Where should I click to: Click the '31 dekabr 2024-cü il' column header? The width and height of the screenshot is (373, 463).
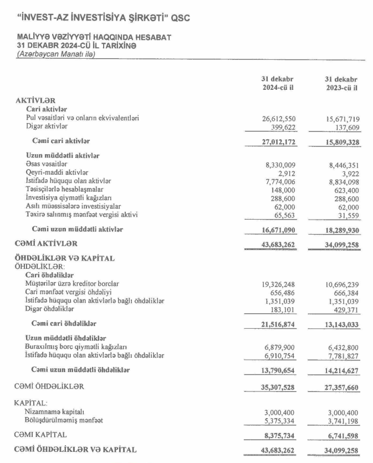[279, 84]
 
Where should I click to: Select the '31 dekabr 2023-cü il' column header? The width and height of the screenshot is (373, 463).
[341, 84]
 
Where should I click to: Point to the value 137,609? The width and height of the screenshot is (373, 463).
[346, 126]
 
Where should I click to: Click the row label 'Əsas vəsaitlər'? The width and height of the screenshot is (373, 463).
[47, 164]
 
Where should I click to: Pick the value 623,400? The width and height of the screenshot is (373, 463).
[346, 189]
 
